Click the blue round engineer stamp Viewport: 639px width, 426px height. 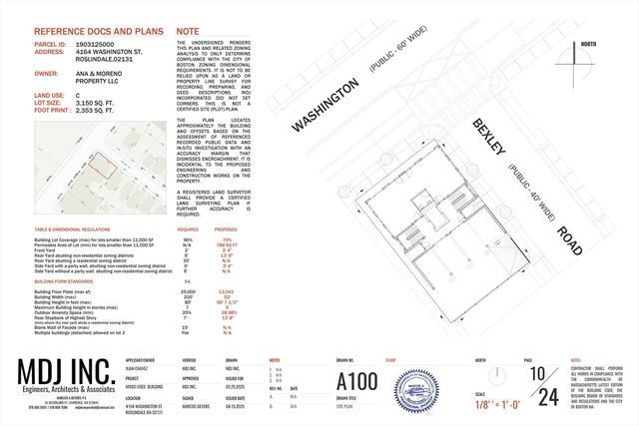point(419,387)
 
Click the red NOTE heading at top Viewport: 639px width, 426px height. point(187,31)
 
